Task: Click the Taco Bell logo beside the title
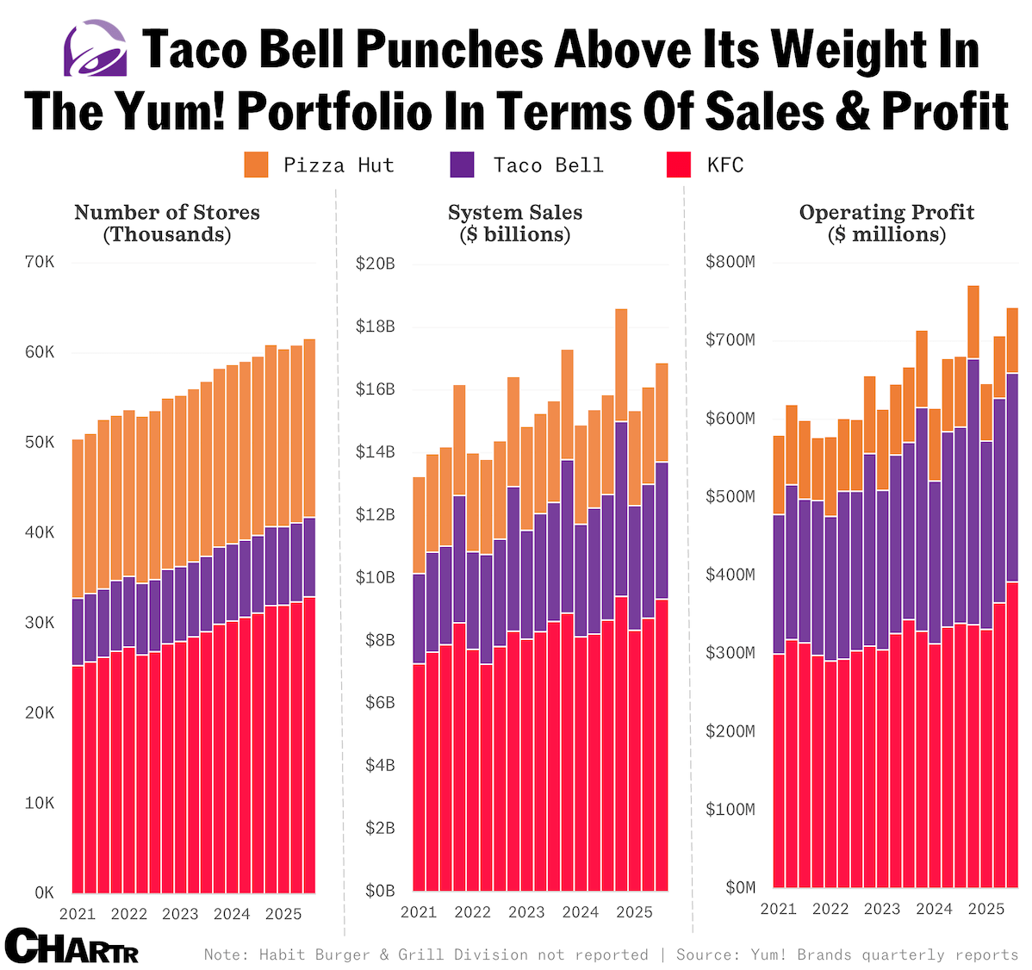pos(95,48)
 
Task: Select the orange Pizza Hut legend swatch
pos(256,165)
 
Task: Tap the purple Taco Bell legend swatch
pos(462,165)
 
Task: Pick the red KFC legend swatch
pos(679,165)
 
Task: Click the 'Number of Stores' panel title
pos(166,223)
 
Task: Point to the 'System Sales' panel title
pos(514,223)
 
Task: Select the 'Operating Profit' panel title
pos(886,223)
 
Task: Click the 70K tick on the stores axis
pos(40,262)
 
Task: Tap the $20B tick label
pos(375,264)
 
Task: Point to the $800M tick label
pos(730,262)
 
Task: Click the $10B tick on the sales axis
pos(375,577)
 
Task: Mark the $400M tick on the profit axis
pos(730,575)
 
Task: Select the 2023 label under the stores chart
pos(180,914)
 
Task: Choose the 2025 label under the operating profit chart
pos(986,909)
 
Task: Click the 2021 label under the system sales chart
pos(419,912)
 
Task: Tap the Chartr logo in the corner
pos(71,946)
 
